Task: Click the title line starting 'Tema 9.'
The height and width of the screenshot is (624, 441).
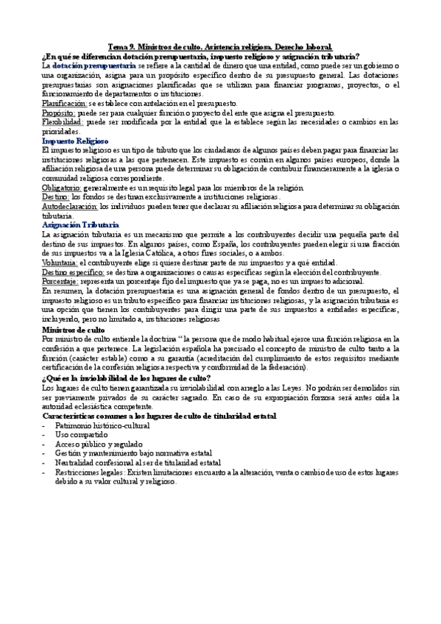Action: pyautogui.click(x=219, y=46)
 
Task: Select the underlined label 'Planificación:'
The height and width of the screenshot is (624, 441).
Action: pyautogui.click(x=64, y=104)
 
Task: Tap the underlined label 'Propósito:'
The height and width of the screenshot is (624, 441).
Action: pyautogui.click(x=58, y=113)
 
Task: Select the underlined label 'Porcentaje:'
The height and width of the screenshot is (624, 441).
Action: pyautogui.click(x=61, y=282)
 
